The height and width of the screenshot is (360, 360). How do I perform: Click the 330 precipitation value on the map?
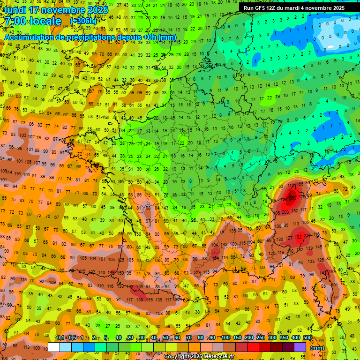(293, 198)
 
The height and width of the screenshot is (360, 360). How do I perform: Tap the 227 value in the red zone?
(307, 235)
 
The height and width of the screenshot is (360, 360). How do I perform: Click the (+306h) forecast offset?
(83, 21)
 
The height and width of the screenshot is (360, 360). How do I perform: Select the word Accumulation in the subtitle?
(30, 37)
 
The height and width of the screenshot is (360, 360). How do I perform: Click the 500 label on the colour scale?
(307, 338)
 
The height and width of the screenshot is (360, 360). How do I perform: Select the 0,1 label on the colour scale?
(60, 338)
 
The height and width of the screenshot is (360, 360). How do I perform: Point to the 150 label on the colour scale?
(237, 338)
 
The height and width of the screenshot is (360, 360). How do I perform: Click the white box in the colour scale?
(54, 347)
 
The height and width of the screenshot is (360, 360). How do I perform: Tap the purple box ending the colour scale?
(300, 347)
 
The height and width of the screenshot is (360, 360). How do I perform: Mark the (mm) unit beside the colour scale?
(317, 347)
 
